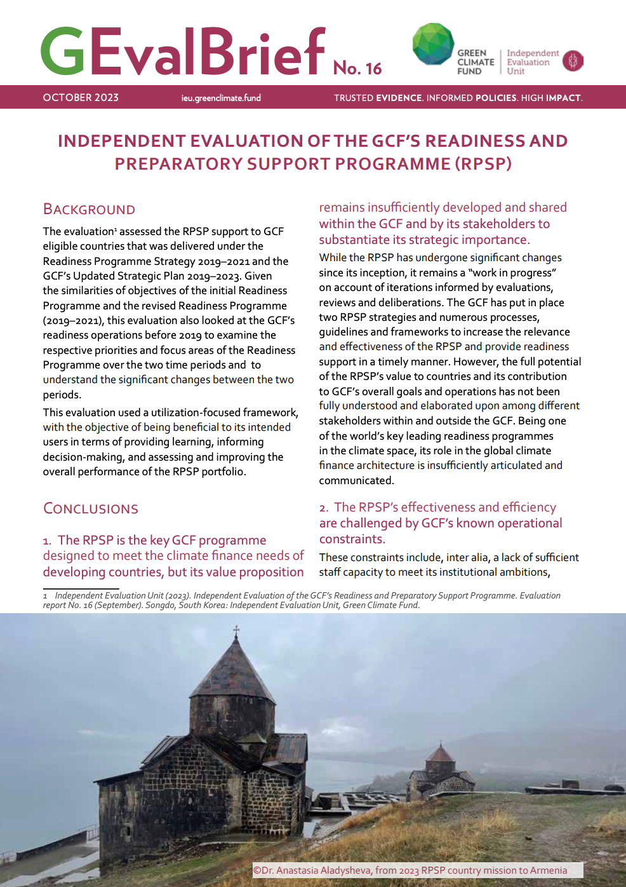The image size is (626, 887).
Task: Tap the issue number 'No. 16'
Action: pyautogui.click(x=357, y=68)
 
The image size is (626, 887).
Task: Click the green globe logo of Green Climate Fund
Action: pyautogui.click(x=433, y=44)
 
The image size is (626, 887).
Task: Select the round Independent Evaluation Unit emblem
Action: pyautogui.click(x=573, y=61)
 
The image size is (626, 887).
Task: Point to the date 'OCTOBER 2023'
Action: pyautogui.click(x=81, y=97)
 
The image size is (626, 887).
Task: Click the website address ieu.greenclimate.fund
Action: pyautogui.click(x=221, y=98)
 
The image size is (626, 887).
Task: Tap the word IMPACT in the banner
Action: pyautogui.click(x=563, y=98)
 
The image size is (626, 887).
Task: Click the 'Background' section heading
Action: pyautogui.click(x=89, y=209)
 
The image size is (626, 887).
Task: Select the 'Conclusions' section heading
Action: pyautogui.click(x=91, y=508)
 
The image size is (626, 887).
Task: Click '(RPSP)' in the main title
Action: pyautogui.click(x=483, y=164)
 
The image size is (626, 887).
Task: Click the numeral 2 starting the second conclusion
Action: pyautogui.click(x=323, y=508)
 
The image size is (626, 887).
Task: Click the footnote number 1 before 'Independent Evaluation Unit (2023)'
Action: pyautogui.click(x=45, y=596)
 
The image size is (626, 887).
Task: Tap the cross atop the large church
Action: pyautogui.click(x=236, y=631)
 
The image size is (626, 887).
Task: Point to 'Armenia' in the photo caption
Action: pyautogui.click(x=548, y=870)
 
